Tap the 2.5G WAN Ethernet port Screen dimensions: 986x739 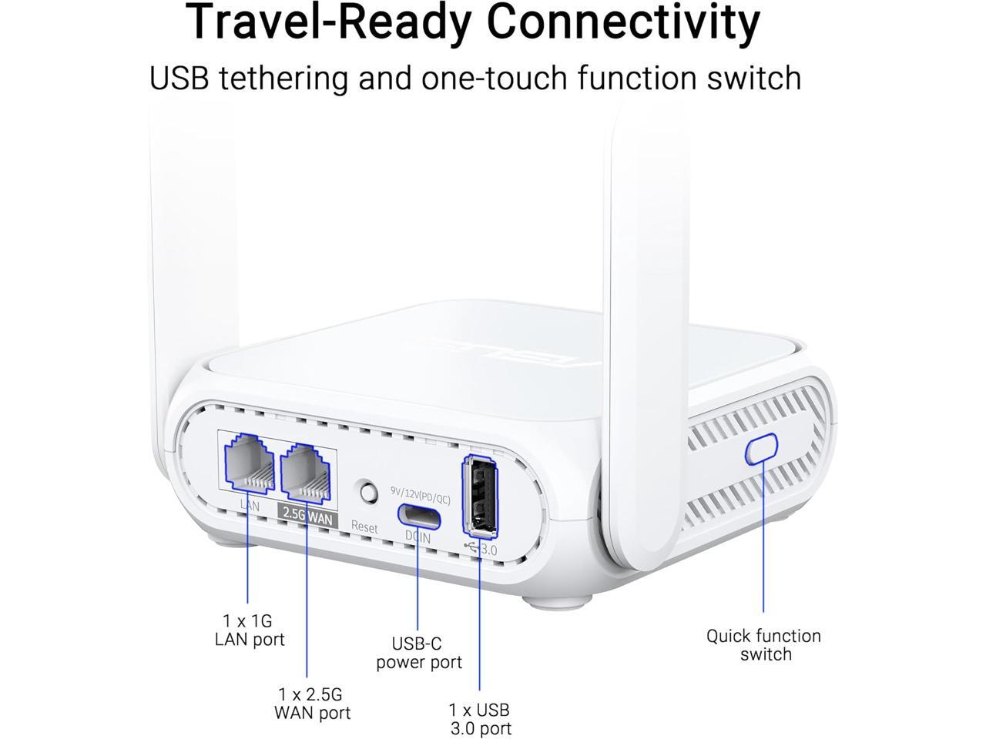pos(307,472)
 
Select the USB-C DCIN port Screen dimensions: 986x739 pos(420,516)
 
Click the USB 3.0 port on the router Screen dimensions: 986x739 pos(481,497)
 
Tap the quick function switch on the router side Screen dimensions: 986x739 pos(761,448)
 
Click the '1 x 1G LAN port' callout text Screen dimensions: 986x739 pos(250,630)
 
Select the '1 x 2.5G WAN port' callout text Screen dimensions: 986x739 pos(312,703)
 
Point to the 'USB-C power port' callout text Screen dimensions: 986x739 pos(419,653)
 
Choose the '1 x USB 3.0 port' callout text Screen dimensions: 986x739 pos(480,719)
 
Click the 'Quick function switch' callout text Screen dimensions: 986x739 pos(763,645)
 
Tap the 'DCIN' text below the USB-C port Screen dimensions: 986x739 pos(418,538)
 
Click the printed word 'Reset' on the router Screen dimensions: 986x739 pos(364,527)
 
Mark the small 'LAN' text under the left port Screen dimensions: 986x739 pos(250,506)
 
